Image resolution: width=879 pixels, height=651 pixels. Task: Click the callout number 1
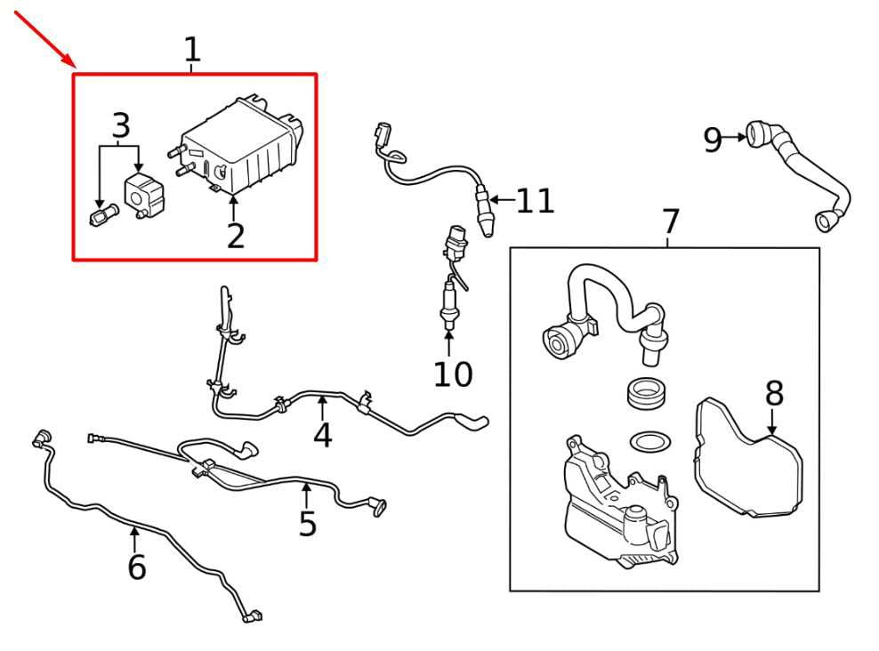tap(192, 50)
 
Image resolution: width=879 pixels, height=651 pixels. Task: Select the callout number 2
tap(235, 237)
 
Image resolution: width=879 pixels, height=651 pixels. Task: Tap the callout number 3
tap(121, 127)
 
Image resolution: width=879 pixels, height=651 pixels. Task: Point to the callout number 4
tap(322, 435)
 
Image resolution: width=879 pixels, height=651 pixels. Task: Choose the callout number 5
tap(307, 524)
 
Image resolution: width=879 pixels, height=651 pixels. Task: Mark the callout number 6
tap(136, 567)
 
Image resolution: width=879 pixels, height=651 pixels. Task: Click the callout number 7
tap(670, 221)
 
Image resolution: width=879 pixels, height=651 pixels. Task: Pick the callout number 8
tap(774, 393)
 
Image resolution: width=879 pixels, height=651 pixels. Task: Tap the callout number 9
tap(712, 140)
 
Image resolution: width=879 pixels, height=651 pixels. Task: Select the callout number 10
tap(453, 374)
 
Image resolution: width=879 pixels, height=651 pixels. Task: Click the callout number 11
tap(536, 201)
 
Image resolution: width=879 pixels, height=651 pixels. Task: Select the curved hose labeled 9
tap(801, 174)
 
